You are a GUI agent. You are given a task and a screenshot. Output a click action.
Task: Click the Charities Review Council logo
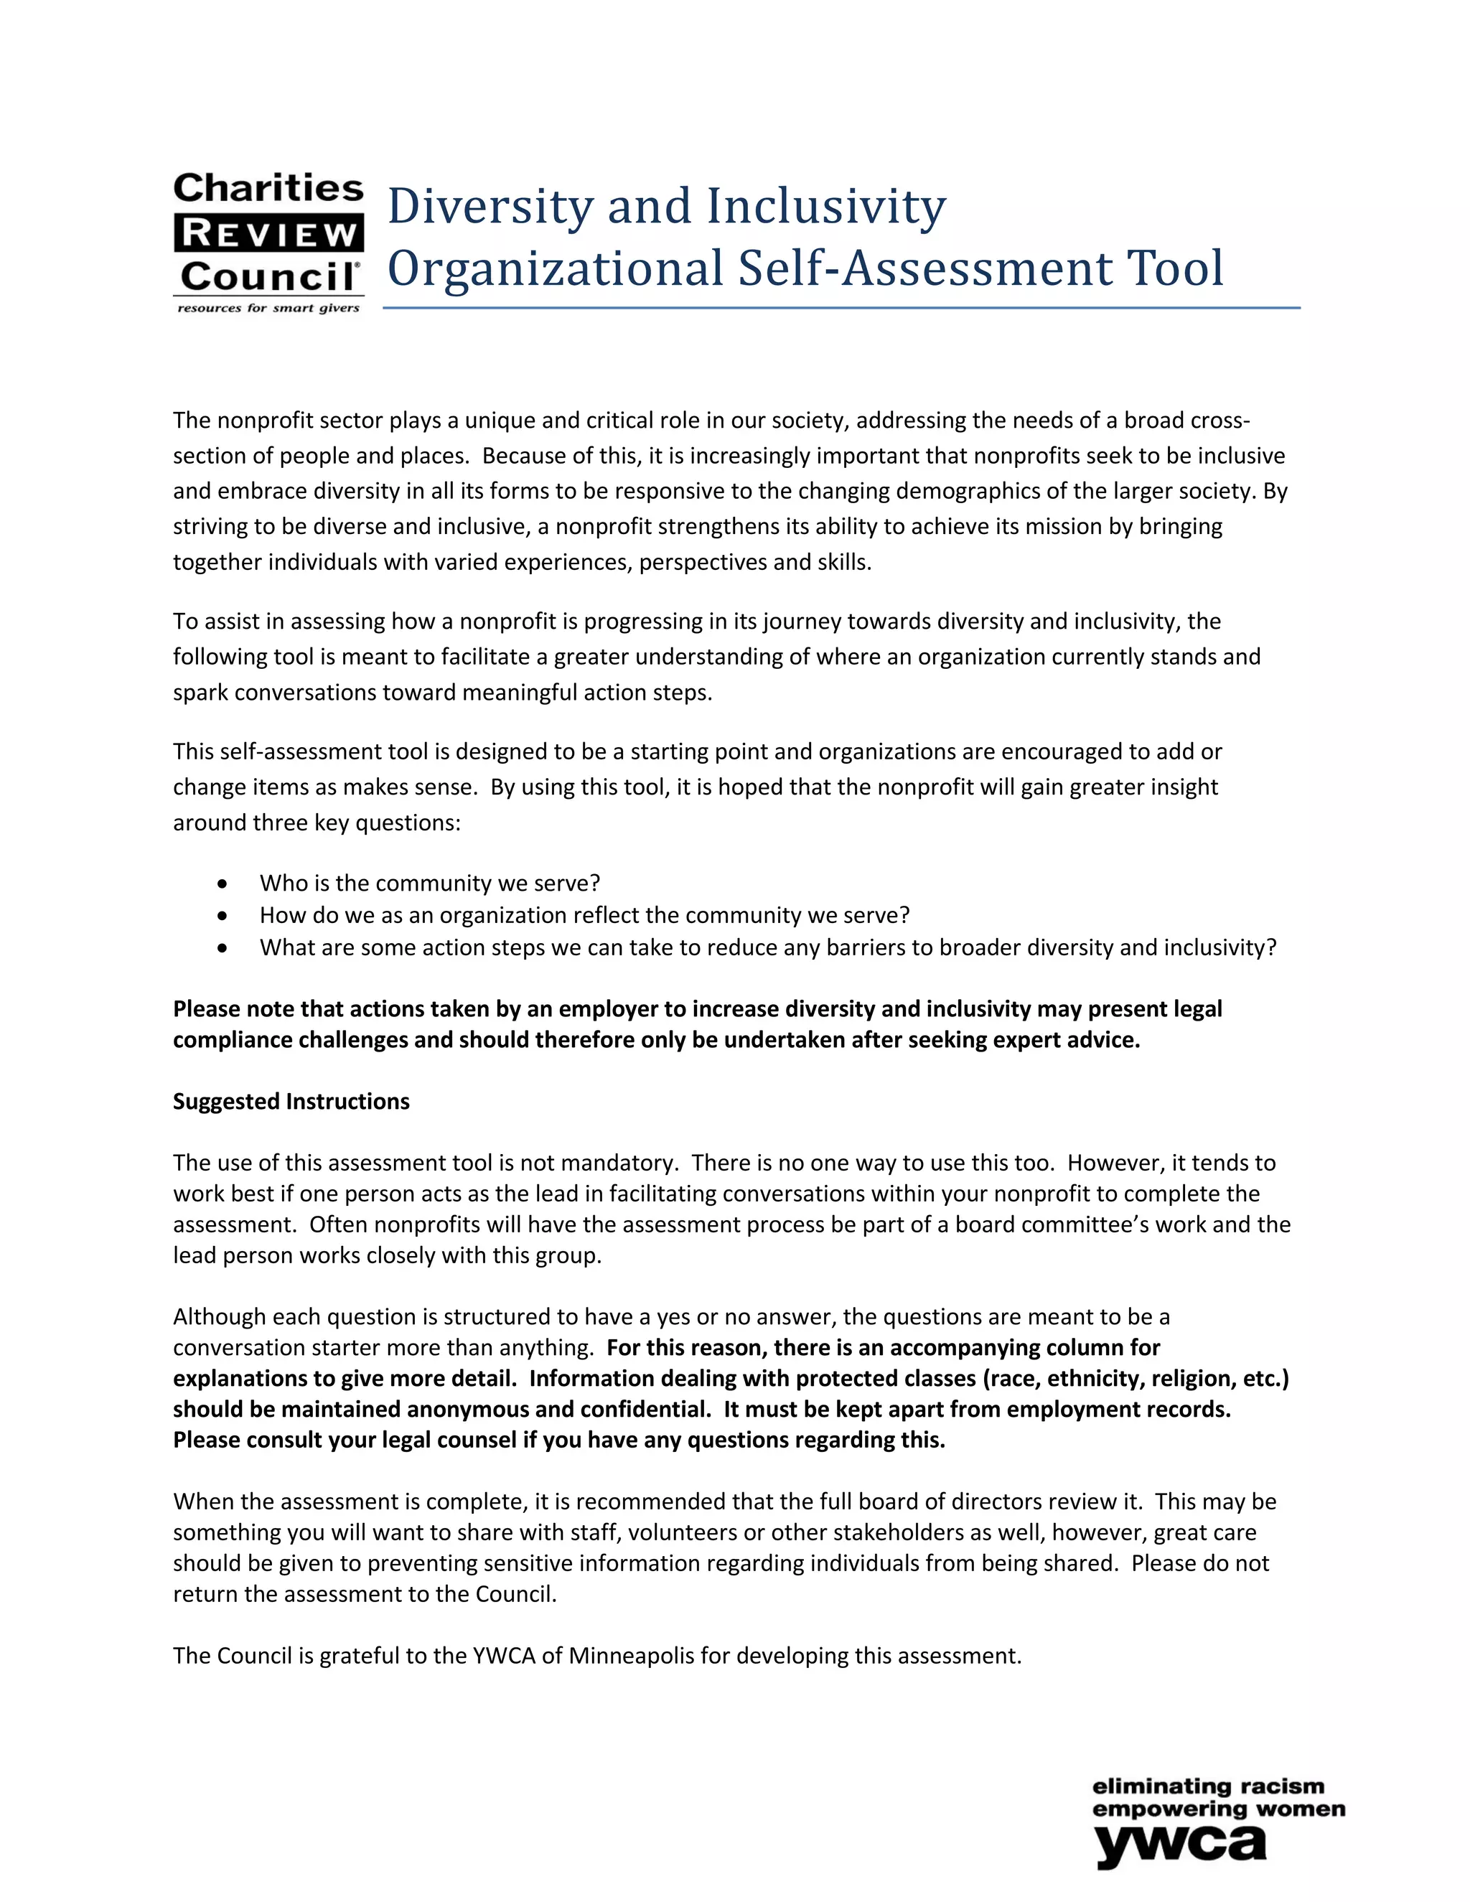click(x=268, y=242)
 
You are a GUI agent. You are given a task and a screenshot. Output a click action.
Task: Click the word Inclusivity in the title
click(x=825, y=207)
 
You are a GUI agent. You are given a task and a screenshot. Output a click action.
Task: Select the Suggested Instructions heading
click(x=291, y=1102)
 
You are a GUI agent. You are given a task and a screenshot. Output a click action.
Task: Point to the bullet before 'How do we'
click(x=224, y=916)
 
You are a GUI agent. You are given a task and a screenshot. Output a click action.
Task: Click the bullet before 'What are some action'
click(x=224, y=948)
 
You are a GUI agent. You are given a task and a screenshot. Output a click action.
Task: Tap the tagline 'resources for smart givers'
click(x=268, y=309)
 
